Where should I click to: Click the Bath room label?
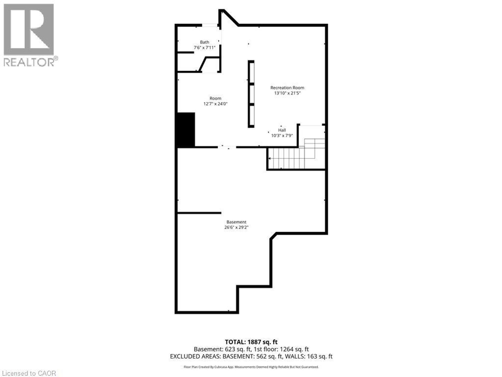tap(204, 42)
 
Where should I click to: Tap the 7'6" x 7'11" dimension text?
tap(204, 48)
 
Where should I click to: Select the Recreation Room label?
tap(287, 88)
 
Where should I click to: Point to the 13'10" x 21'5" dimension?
tap(287, 93)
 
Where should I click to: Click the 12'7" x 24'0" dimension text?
tap(215, 104)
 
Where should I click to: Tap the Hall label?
tap(282, 130)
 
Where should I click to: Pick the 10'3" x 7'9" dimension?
tap(282, 136)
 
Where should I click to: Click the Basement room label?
tap(236, 222)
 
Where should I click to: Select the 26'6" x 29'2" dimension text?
tap(236, 228)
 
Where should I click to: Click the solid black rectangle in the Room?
tap(186, 130)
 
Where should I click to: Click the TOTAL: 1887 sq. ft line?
tap(251, 342)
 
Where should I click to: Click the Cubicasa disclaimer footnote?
tap(251, 367)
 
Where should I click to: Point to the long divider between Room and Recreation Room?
tap(251, 94)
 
